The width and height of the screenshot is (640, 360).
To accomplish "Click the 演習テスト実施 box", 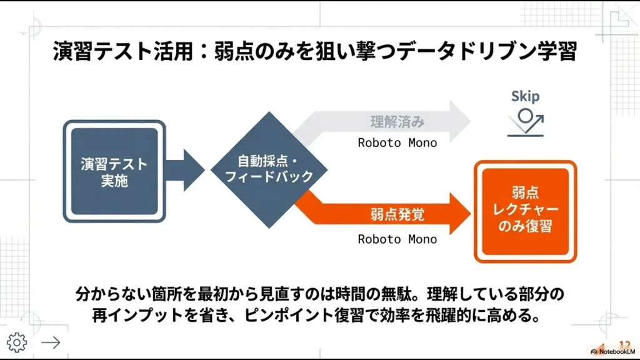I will (114, 171).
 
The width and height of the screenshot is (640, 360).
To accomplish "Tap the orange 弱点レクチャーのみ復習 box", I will (525, 211).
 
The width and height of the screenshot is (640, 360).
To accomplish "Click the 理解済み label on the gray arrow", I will (397, 121).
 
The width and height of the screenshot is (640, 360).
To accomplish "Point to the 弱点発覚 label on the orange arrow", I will (397, 215).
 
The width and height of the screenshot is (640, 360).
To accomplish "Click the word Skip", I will (525, 96).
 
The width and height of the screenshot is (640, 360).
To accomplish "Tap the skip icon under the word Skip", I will (526, 121).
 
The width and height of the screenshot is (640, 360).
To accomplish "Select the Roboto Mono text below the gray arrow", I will (397, 142).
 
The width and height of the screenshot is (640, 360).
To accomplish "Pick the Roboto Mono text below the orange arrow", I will (397, 239).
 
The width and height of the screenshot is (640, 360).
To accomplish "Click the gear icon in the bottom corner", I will (16, 342).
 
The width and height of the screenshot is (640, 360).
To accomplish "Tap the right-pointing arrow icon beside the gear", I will (51, 342).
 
